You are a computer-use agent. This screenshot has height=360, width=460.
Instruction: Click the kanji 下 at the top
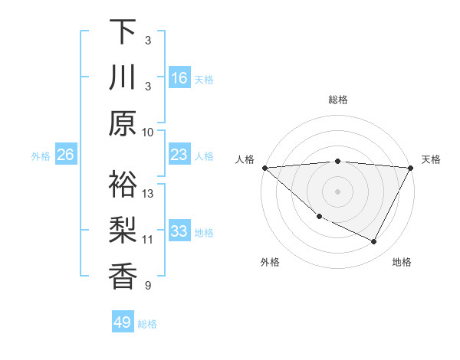point(123,33)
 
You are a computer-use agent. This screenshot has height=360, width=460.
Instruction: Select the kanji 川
point(123,78)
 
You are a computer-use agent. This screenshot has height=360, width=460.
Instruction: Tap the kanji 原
point(123,123)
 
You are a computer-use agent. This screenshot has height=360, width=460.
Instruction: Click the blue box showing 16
point(179,78)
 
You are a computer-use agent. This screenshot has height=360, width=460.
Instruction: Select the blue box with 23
point(179,155)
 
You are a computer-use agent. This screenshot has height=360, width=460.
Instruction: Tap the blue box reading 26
point(65,155)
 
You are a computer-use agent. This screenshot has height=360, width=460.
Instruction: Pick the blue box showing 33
point(179,231)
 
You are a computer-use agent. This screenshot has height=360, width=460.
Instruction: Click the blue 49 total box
point(123,322)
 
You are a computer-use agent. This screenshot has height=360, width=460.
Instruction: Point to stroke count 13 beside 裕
point(148,194)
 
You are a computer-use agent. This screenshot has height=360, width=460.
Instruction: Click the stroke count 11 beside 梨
point(148,239)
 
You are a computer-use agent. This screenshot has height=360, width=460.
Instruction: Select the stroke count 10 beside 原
point(148,131)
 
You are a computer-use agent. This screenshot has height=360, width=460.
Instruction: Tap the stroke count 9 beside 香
point(148,286)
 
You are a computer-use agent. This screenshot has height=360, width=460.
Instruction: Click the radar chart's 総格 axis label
point(338,100)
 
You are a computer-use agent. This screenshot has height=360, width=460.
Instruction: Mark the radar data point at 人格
point(264,167)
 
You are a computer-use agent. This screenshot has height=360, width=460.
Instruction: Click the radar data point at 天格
point(411,168)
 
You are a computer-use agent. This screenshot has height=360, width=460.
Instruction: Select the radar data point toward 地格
point(374,242)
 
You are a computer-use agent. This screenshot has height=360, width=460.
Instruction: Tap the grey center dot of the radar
point(338,191)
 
